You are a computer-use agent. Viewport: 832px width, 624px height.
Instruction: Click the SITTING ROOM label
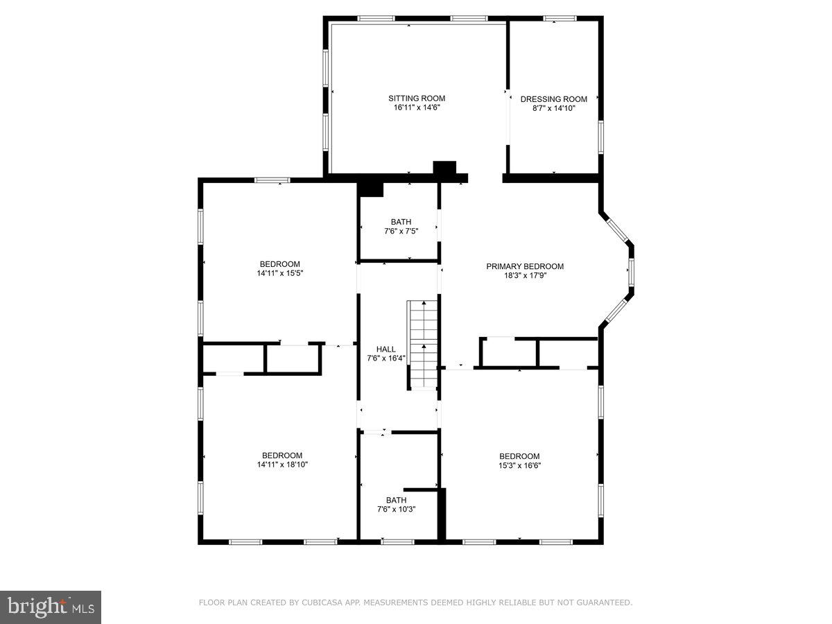coord(416,98)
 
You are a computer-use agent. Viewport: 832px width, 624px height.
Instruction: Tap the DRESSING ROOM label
coord(553,99)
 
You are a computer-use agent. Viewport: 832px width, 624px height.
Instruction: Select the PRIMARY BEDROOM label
coord(524,266)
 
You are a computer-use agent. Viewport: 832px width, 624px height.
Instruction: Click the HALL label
coord(386,349)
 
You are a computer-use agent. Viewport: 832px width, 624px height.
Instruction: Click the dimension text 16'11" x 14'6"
coord(416,108)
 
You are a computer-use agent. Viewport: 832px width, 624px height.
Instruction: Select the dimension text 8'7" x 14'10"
coord(553,109)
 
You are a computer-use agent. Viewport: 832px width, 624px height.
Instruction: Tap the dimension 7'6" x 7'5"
coord(401,232)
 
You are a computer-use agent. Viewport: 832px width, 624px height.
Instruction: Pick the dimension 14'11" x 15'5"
coord(280,273)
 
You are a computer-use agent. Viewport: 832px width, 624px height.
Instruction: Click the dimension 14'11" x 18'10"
coord(282,465)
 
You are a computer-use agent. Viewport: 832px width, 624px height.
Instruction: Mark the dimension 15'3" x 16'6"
coord(519,465)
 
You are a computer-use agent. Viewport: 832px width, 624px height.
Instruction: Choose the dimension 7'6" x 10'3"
coord(396,510)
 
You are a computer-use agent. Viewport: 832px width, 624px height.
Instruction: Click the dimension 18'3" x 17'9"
coord(524,275)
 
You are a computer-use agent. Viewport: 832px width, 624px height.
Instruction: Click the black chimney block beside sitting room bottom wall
coord(444,168)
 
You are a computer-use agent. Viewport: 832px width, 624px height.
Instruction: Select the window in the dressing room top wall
coord(559,19)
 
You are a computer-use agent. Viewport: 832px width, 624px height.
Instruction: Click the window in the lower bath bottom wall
coord(397,541)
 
